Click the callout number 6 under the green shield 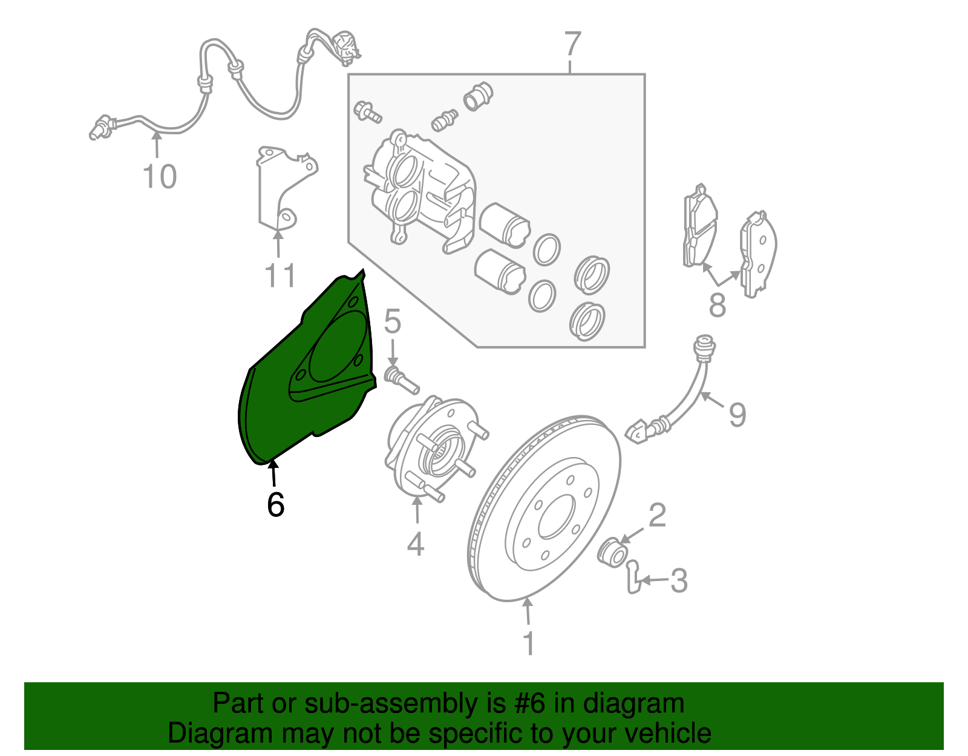coord(275,504)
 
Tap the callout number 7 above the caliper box coord(572,45)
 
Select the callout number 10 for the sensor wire coord(160,177)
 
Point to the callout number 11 coord(280,276)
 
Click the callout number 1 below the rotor coord(528,643)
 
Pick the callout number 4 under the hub coord(416,544)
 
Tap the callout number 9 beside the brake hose coord(737,415)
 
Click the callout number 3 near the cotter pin coord(679,581)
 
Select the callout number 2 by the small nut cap coord(657,515)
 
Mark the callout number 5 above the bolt coord(393,321)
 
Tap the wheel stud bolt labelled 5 coord(401,379)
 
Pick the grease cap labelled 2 coord(612,551)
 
